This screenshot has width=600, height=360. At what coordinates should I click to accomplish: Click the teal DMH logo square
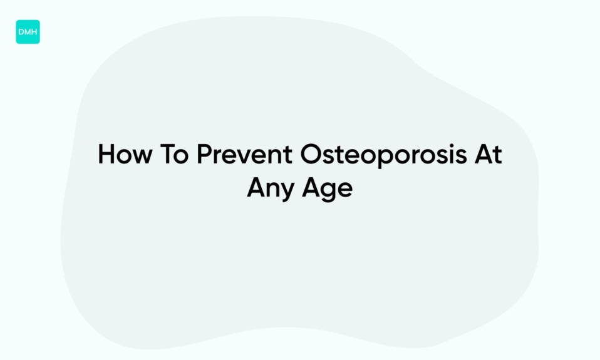pos(28,32)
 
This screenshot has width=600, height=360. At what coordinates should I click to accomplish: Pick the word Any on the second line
pos(272,188)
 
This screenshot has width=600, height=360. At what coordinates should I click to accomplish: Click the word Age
pos(326,188)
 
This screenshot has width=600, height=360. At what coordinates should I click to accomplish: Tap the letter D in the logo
pos(21,32)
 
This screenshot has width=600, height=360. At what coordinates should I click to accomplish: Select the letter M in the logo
pos(28,32)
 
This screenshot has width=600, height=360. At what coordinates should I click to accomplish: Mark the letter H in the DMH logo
pos(34,32)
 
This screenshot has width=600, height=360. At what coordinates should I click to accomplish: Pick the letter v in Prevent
pos(244,157)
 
